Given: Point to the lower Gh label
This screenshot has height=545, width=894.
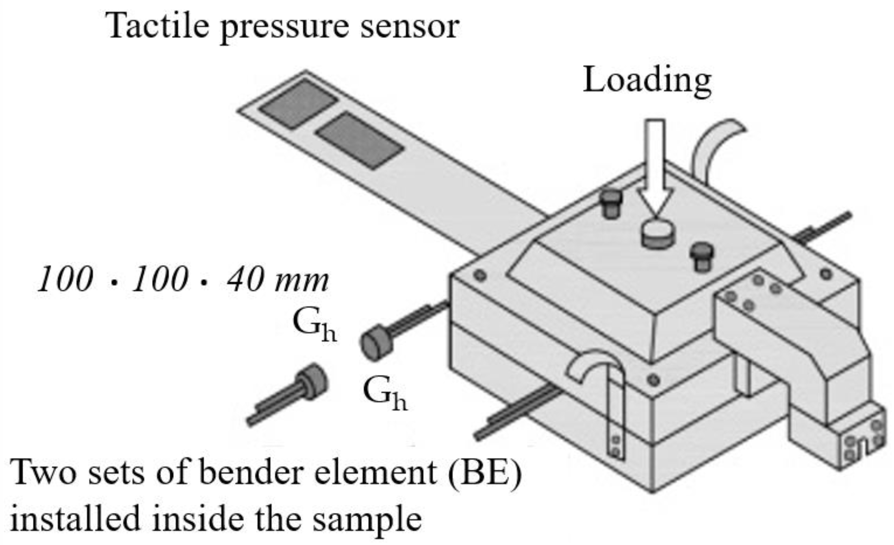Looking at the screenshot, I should coord(384,393).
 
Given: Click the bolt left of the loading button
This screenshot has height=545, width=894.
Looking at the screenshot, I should coord(611,203).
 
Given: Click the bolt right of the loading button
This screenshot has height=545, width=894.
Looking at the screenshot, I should coord(702,256).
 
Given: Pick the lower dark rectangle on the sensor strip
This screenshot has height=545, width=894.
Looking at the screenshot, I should coord(360,140).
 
